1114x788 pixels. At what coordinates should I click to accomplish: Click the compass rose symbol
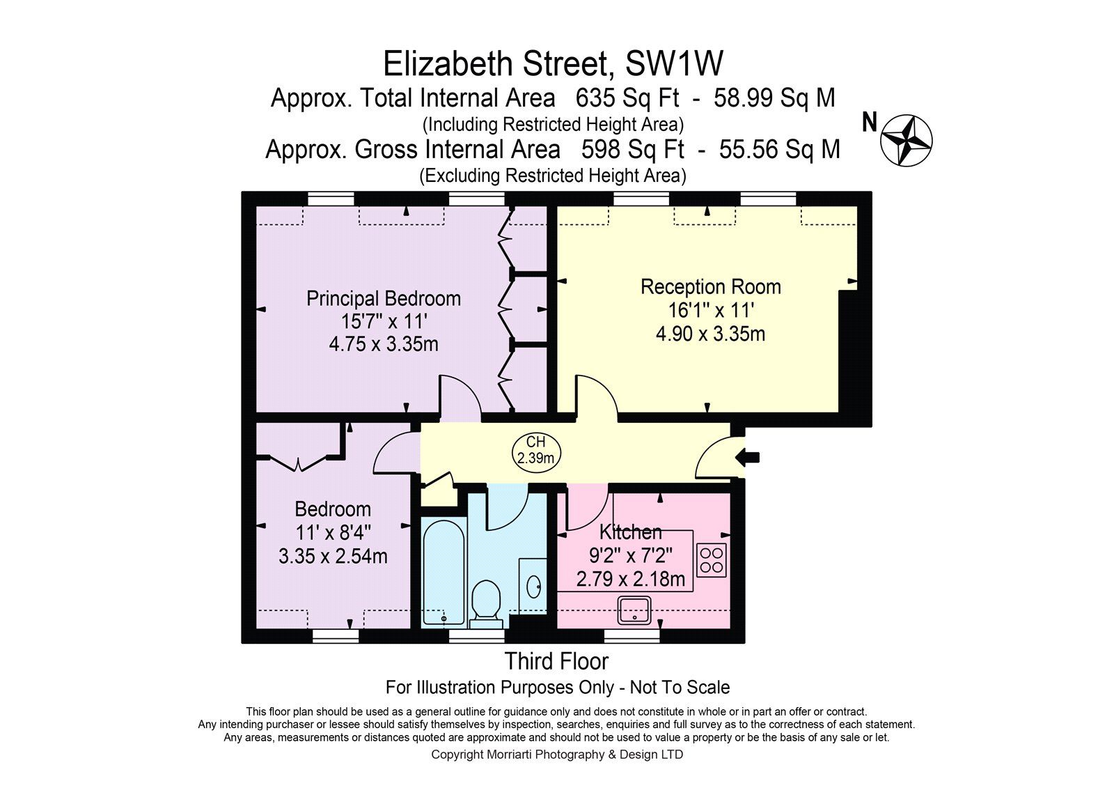(x=906, y=140)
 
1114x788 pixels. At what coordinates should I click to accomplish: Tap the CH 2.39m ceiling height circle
(x=536, y=451)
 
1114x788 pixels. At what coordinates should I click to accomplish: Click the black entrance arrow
(x=747, y=457)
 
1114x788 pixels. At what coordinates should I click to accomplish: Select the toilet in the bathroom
(x=485, y=605)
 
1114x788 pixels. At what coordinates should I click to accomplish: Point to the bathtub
(x=444, y=573)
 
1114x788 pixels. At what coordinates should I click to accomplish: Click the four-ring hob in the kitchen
(x=711, y=560)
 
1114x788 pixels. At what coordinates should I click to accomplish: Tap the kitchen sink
(x=634, y=610)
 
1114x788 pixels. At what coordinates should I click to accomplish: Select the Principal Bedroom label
(x=384, y=299)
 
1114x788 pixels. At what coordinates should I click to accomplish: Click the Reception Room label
(x=711, y=287)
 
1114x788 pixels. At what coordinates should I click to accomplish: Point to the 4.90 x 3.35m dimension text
(x=710, y=334)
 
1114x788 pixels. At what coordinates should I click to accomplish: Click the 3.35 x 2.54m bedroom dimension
(x=333, y=556)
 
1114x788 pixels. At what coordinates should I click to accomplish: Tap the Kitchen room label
(x=631, y=532)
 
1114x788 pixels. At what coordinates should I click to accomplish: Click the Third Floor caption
(x=556, y=662)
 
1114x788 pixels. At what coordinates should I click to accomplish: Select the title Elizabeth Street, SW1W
(x=553, y=63)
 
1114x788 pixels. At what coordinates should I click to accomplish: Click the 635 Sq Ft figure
(x=627, y=98)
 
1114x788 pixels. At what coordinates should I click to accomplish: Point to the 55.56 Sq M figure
(x=780, y=149)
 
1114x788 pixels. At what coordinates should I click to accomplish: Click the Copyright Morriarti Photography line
(x=557, y=755)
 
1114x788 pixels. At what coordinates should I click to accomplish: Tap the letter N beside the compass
(x=870, y=123)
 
